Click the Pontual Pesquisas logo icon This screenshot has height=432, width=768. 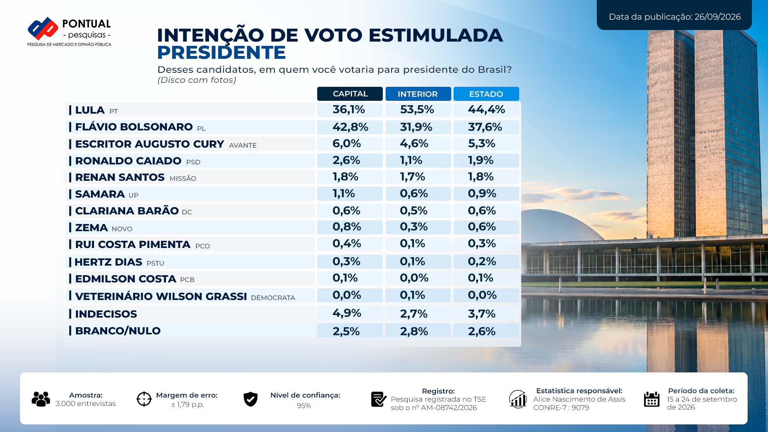pos(43,28)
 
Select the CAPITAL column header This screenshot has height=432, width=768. pos(350,94)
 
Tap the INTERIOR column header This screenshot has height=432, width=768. pos(418,94)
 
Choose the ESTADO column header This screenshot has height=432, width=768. pos(486,94)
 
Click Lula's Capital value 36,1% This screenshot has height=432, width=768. pos(349,110)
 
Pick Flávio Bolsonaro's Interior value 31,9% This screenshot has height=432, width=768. pos(416,127)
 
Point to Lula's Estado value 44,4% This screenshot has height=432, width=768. pos(486,110)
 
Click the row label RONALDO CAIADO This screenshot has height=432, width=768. pos(128,161)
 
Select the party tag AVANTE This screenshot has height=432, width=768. pos(243,145)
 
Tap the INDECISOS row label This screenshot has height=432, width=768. pos(106,314)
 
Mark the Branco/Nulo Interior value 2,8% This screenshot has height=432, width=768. pos(414,331)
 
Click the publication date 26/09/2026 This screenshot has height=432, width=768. pos(718,17)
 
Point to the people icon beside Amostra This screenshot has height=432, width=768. pos(41,399)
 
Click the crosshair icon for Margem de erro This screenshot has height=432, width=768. pos(144,399)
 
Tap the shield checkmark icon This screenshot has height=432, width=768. pos(251,399)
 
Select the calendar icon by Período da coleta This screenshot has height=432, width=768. pos(652,399)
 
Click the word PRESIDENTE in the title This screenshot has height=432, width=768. pos(222,52)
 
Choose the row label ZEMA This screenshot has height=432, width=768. pos(92,228)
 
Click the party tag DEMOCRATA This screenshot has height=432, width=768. pos(273,298)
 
